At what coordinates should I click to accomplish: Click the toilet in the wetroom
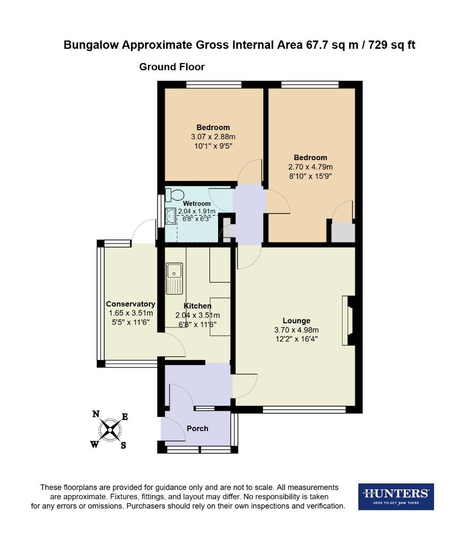175,195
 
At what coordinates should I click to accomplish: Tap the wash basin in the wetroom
170,217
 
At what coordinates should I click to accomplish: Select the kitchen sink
174,278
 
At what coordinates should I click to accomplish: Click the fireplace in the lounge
349,321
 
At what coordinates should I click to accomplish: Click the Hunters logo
396,496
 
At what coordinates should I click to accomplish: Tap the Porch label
197,428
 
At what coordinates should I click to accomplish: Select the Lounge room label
296,321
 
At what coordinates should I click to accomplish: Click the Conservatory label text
130,304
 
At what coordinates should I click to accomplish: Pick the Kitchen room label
197,306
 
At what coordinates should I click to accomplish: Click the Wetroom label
197,204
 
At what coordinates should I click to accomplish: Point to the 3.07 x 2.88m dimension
213,137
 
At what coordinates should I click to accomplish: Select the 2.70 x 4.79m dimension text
310,167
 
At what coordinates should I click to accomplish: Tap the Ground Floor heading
172,67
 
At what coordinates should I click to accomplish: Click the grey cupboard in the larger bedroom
342,232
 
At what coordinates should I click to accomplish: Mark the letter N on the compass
95,414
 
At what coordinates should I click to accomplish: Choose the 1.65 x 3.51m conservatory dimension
130,313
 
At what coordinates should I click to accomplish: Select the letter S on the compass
124,445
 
